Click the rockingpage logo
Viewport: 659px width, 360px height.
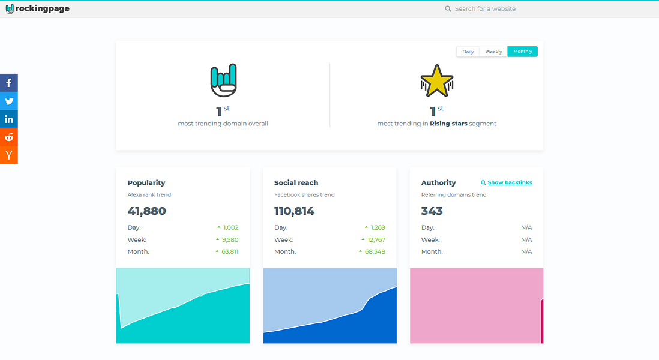pos(37,9)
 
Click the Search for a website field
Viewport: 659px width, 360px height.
pos(485,9)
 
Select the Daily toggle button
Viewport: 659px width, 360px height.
pos(468,52)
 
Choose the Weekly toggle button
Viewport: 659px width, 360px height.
pos(493,52)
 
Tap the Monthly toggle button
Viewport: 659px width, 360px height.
pos(522,52)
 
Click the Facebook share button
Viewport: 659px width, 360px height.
pos(9,83)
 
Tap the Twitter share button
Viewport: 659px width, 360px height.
pos(9,101)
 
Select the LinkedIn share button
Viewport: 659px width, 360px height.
pos(9,119)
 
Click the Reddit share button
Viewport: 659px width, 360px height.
pos(9,137)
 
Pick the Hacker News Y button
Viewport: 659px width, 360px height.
pos(9,155)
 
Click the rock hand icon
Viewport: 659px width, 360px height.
pos(223,80)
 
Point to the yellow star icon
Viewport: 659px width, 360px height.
pos(436,81)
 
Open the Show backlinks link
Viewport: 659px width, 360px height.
pos(510,182)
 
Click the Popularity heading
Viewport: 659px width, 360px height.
pos(146,182)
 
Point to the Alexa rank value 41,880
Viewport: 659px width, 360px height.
pos(147,211)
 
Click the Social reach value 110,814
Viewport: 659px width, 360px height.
pos(294,211)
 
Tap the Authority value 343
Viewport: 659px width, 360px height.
pos(432,211)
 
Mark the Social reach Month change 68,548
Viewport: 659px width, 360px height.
pos(375,251)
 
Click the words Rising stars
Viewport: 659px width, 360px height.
pos(448,124)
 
